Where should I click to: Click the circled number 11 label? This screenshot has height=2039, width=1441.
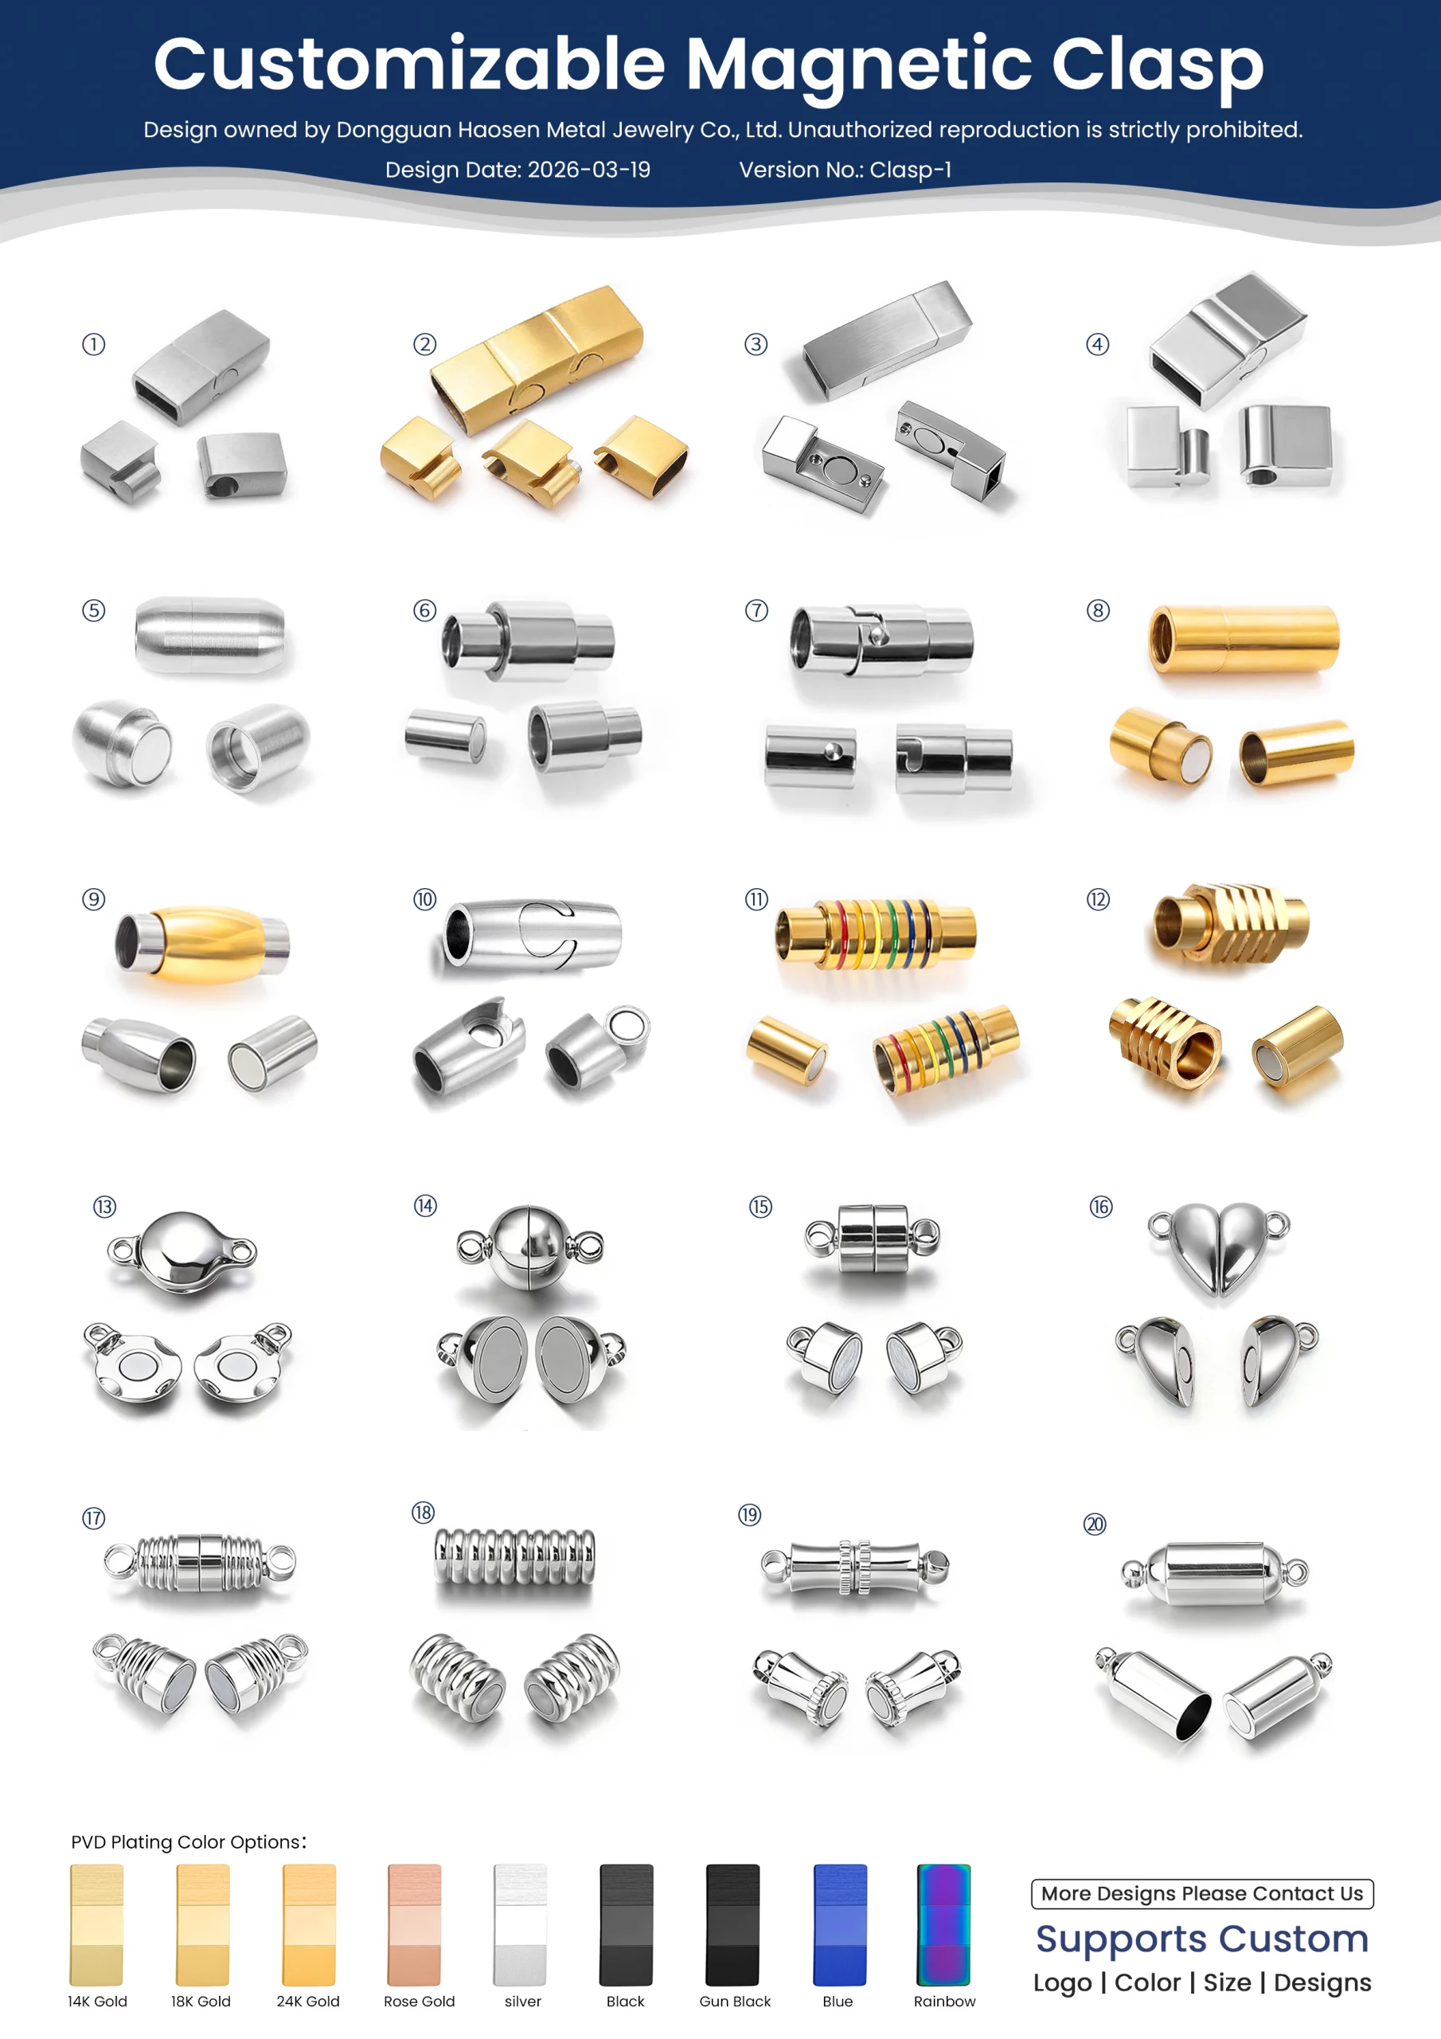pos(756,899)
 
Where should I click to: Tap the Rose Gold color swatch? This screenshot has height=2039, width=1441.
pos(414,1924)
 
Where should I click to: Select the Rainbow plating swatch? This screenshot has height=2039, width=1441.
pos(943,1924)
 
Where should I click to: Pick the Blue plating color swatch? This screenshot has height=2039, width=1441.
pos(839,1924)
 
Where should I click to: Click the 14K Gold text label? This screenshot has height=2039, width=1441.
pos(98,2001)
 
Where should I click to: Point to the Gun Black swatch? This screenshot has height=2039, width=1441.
pos(732,1924)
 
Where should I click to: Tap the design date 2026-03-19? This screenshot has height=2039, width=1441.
pos(588,170)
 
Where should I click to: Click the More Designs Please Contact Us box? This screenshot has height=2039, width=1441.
pos(1202,1893)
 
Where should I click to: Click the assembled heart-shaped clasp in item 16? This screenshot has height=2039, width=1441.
pos(1218,1249)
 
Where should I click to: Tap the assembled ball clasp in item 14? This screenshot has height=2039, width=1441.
pos(530,1244)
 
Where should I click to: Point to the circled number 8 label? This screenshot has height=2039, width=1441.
pos(1099,611)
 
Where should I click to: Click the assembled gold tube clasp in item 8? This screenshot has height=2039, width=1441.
pos(1244,639)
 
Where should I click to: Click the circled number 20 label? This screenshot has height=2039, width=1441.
pos(1095,1524)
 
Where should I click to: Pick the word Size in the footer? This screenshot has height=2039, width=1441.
pos(1227,1982)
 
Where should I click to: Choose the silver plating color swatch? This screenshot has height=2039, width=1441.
pos(521,1924)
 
